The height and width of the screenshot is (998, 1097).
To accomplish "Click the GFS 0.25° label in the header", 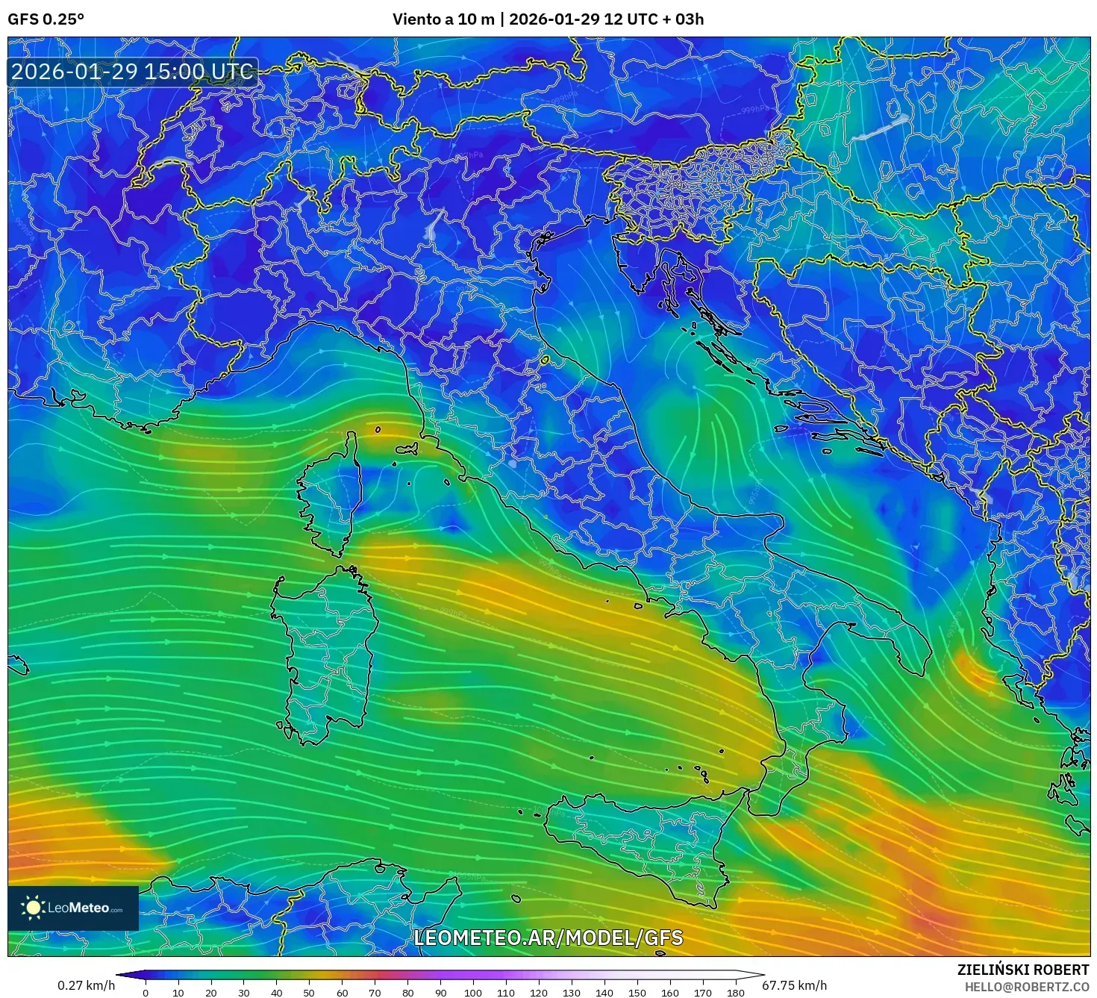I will [46, 19].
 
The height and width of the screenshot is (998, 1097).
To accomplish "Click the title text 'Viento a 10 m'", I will [443, 19].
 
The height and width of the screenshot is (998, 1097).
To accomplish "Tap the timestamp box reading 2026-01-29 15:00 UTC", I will [133, 72].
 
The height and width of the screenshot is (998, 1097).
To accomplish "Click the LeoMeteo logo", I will [73, 908].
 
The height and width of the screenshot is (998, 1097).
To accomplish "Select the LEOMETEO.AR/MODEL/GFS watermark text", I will [548, 938].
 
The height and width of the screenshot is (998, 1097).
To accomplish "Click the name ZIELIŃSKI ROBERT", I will [1022, 970].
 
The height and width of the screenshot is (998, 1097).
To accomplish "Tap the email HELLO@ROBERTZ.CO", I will [1027, 987].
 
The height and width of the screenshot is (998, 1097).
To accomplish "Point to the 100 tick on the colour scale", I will [473, 992].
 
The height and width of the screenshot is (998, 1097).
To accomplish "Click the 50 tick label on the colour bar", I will [309, 992].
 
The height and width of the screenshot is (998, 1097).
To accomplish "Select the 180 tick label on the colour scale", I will [736, 992].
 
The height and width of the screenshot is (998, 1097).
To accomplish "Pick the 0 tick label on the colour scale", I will [146, 992].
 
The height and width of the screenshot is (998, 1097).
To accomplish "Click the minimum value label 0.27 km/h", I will [87, 985].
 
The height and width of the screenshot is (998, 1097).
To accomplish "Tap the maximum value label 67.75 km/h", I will [794, 985].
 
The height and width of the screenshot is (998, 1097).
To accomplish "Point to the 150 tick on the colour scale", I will [637, 992].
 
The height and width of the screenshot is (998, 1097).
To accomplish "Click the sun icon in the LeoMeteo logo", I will [33, 908].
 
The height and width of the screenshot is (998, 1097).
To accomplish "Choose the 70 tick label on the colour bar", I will [375, 992].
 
